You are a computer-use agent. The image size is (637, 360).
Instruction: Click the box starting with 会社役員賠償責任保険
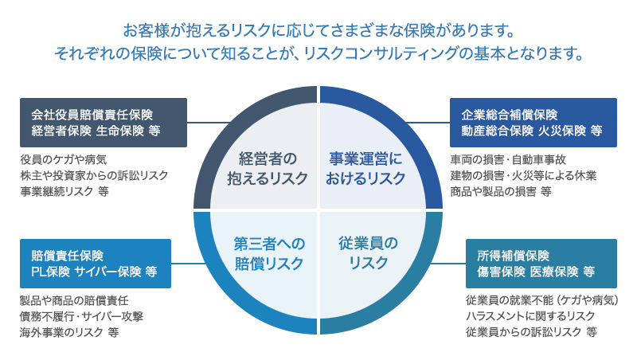click(x=103, y=122)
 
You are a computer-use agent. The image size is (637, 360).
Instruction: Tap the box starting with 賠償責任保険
click(x=95, y=264)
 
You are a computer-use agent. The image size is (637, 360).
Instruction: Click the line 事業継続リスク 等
click(x=64, y=192)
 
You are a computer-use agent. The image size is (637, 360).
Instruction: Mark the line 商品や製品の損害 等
click(x=500, y=192)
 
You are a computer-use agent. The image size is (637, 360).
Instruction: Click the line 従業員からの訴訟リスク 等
click(x=530, y=334)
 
